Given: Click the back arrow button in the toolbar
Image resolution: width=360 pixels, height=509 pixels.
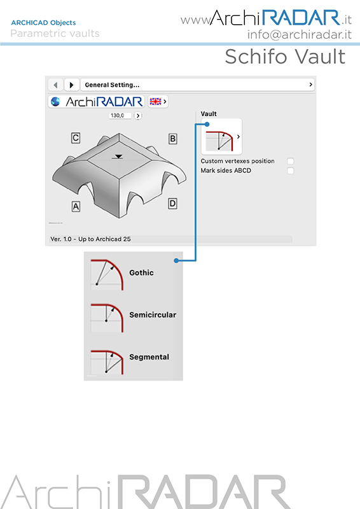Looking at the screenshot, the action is [55, 85].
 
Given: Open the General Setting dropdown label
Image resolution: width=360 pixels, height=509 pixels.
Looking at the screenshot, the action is [112, 85].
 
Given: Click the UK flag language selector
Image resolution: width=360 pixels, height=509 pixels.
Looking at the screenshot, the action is [158, 102].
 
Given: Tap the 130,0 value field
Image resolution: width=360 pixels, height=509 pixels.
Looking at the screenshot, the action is [120, 116].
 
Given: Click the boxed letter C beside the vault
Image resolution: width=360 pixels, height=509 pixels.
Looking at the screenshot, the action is [76, 138].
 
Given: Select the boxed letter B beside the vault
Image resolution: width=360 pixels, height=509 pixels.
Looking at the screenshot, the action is [173, 139].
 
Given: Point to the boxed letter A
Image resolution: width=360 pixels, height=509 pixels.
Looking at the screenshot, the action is [76, 206].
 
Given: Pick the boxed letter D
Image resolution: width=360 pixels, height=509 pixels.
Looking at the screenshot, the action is [172, 204].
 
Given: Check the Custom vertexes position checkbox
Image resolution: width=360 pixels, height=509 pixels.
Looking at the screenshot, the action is [291, 161].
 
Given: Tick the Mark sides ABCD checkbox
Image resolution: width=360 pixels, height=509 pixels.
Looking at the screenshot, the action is [291, 171].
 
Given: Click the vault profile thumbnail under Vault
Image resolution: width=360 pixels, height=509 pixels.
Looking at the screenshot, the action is [221, 136].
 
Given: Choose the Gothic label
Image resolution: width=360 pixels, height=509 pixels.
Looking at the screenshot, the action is [142, 273].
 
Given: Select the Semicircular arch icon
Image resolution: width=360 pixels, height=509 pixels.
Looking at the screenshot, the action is [107, 317].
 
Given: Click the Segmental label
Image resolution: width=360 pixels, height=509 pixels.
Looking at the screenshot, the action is [149, 357].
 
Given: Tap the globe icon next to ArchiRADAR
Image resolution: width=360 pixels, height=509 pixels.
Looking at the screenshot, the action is [55, 102].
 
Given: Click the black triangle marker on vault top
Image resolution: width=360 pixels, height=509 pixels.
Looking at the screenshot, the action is [119, 157].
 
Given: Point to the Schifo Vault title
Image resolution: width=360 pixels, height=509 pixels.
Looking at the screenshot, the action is [286, 57].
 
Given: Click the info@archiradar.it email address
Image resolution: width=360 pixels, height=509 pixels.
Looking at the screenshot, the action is [300, 34].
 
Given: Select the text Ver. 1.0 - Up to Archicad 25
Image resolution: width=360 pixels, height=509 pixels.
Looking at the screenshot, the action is [90, 239].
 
